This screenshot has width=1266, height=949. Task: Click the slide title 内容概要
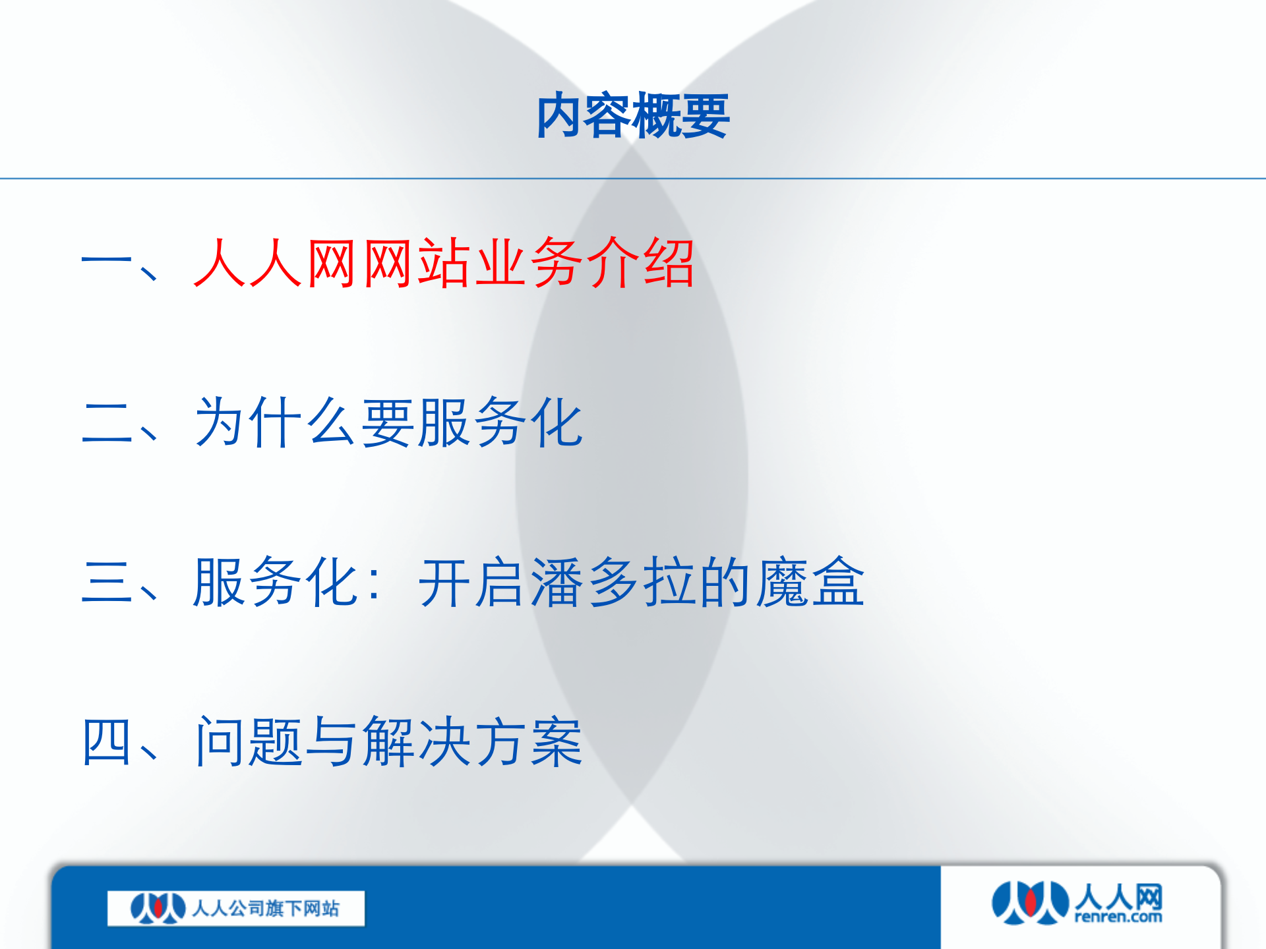[633, 116]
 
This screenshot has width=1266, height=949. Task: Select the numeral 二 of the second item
[107, 423]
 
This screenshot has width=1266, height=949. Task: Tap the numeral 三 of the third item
[107, 582]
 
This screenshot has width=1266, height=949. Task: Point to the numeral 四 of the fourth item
[107, 742]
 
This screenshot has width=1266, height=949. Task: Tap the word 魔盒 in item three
[810, 582]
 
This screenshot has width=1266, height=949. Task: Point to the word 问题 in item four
[249, 742]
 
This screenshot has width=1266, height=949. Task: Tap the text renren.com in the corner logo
[1118, 917]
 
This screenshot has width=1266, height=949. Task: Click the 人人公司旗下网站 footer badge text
[266, 909]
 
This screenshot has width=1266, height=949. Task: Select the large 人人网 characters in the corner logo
[1118, 897]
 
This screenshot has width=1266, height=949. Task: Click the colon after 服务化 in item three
[376, 583]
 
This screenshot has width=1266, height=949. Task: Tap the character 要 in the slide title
[704, 116]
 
